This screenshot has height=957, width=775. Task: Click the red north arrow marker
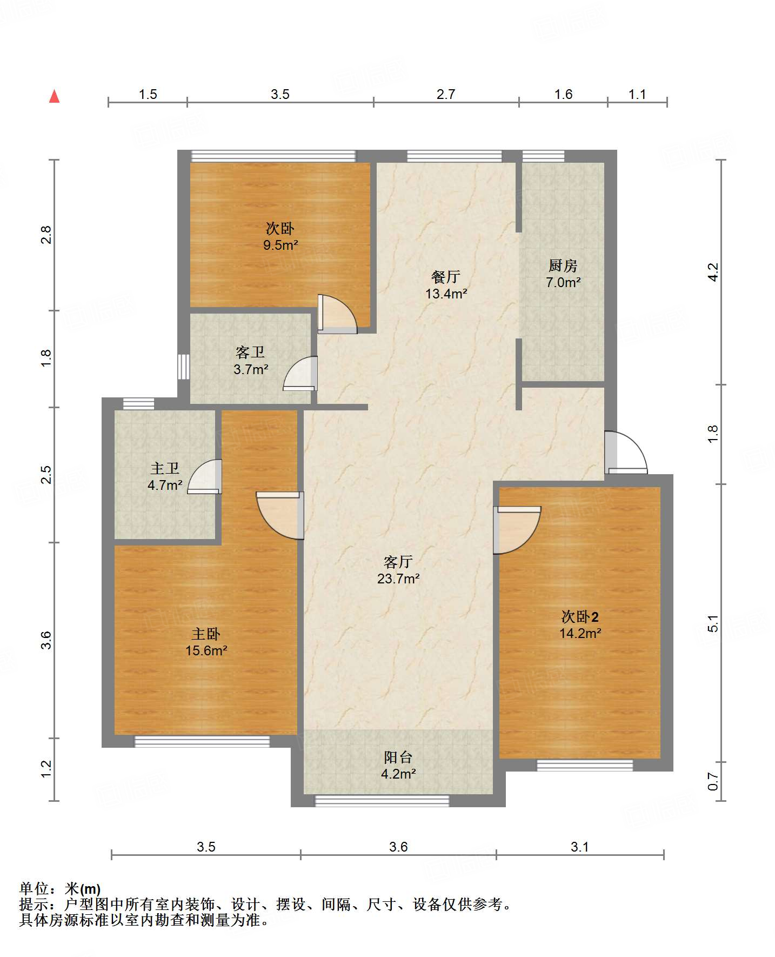point(54,96)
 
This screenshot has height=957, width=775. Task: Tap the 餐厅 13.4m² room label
point(446,285)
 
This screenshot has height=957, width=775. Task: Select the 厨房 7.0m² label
point(563,274)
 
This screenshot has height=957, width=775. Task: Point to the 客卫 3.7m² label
point(251,361)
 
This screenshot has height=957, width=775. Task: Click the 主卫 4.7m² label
point(165,476)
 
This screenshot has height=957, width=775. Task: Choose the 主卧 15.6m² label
point(206,642)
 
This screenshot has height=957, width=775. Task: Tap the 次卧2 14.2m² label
point(580,624)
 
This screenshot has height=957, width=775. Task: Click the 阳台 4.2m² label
point(398,765)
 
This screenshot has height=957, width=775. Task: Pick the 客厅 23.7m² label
point(398,570)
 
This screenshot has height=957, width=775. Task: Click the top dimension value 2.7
point(446,94)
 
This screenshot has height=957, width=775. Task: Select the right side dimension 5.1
point(713,623)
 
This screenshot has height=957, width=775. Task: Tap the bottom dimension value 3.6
point(398,847)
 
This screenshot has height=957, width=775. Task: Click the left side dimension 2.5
point(46,474)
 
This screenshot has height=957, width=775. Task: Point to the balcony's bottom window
point(382,801)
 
